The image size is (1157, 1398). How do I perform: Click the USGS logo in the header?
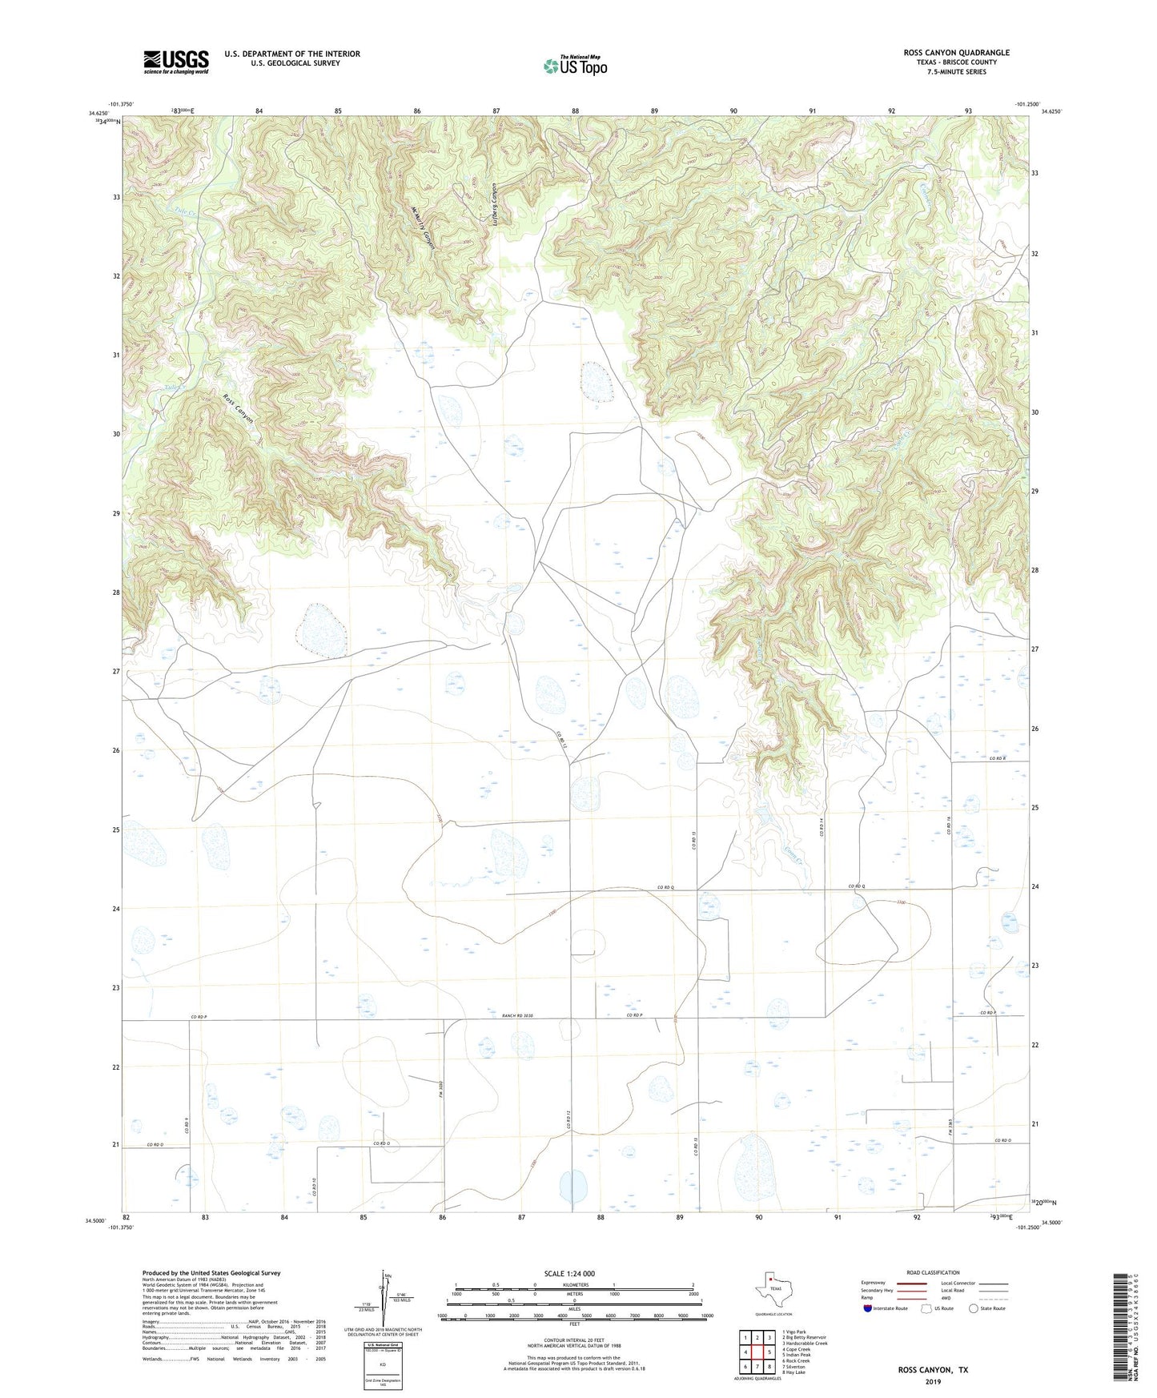coord(176,62)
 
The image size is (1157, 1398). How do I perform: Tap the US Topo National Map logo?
coord(575,66)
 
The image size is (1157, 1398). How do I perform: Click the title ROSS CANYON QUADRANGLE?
coord(956,53)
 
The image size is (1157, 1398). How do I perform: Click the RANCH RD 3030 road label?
coord(517,1016)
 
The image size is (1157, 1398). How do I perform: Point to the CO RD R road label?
coord(996,758)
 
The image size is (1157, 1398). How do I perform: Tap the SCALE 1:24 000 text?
coord(569,1273)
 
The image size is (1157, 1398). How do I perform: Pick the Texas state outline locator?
coord(773,1291)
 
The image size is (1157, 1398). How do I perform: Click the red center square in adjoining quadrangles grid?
coord(757,1352)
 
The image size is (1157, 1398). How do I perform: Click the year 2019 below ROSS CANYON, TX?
coord(932,1382)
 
